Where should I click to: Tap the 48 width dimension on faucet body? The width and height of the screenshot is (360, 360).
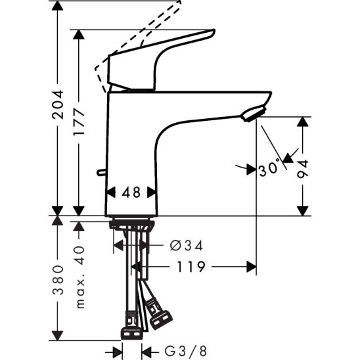pos(131,192)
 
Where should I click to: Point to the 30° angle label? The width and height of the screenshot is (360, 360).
pos(269,169)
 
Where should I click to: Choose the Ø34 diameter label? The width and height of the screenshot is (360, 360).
pos(186,246)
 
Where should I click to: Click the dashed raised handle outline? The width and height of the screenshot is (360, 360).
pos(141,36)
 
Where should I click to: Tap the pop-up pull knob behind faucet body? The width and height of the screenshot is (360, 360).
pos(101,173)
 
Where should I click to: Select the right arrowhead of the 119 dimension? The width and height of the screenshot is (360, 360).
pos(251,267)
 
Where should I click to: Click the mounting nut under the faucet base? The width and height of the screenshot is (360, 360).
pos(132,225)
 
